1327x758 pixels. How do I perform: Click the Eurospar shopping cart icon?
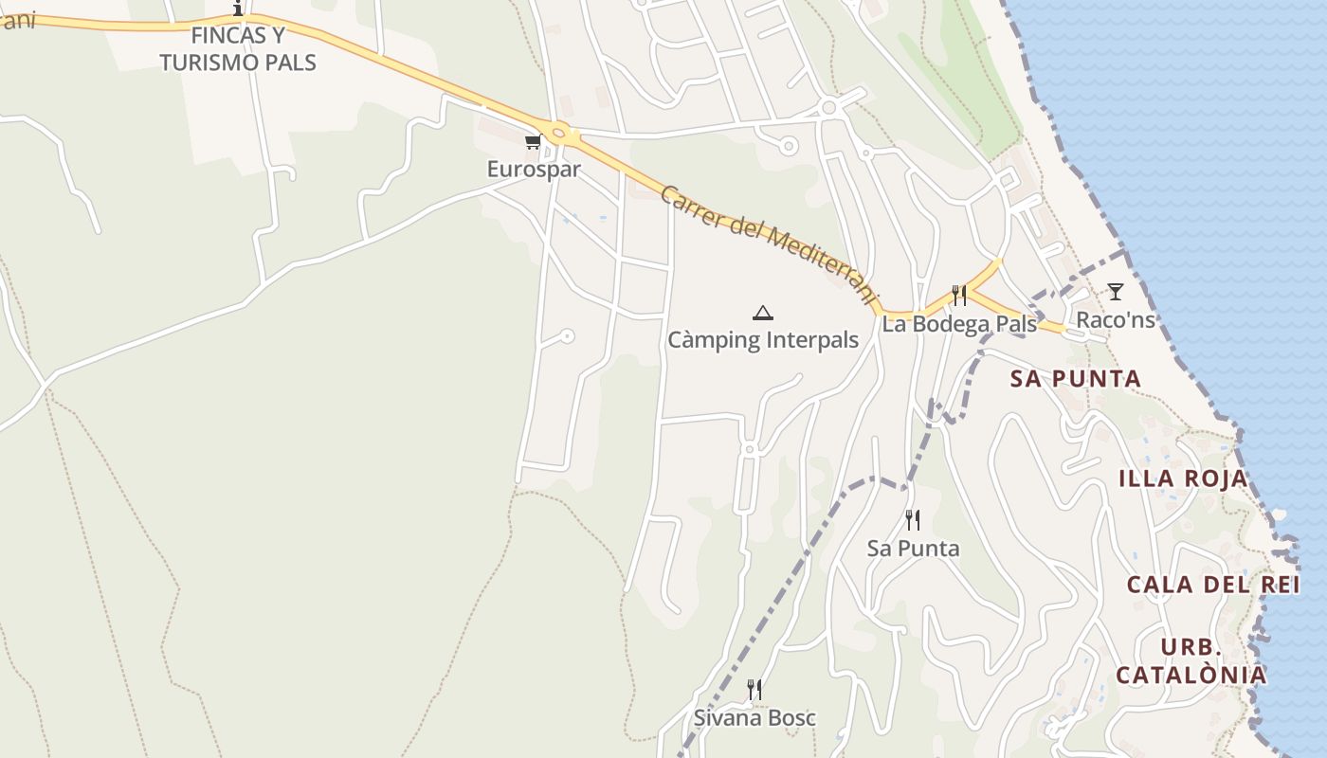(x=532, y=142)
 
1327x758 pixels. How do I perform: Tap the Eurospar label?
(x=534, y=170)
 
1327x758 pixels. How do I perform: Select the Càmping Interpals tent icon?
(x=762, y=313)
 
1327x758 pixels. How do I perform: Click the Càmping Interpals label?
(x=763, y=340)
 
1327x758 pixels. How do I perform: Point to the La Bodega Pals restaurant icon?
(x=959, y=296)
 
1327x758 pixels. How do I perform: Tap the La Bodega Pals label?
(x=959, y=324)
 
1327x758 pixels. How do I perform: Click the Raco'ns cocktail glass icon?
(x=1116, y=292)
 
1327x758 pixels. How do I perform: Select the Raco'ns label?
(x=1116, y=320)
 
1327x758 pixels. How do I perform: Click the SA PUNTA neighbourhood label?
(x=1076, y=379)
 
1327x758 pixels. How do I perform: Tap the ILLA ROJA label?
(x=1183, y=478)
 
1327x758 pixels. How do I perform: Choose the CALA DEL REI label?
(x=1213, y=585)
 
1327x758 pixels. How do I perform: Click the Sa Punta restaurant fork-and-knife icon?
(x=912, y=520)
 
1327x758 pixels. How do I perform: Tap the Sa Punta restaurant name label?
(x=913, y=549)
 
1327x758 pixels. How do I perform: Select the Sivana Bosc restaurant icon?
(x=754, y=690)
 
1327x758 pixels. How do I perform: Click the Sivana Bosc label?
(x=754, y=718)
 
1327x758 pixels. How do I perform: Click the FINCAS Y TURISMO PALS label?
(x=238, y=49)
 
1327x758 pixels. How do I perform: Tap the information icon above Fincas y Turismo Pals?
(x=238, y=9)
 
